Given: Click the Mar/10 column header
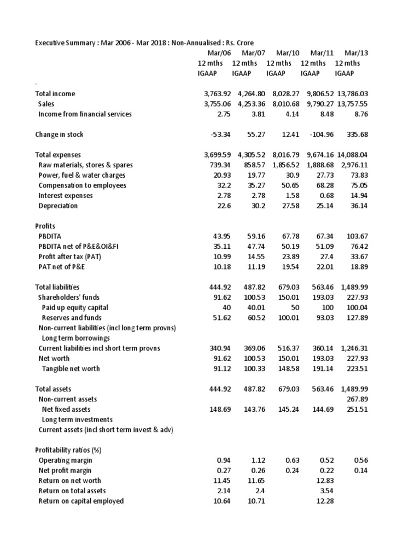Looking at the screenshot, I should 288,52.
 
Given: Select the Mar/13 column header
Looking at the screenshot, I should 356,52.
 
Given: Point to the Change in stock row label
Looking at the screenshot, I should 59,135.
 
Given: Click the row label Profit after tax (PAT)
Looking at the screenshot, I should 72,256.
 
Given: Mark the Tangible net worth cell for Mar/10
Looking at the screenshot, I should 289,369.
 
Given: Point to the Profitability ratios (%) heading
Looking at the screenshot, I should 68,450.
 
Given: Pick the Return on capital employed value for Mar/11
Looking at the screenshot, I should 325,501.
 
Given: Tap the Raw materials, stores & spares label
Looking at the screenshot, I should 85,165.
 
